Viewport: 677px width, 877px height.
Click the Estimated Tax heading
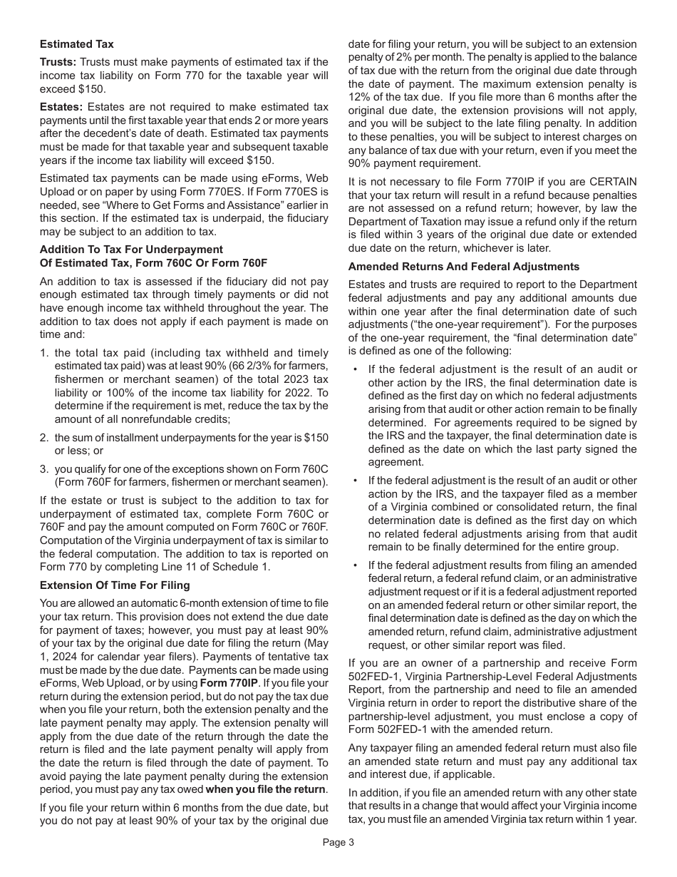(x=76, y=44)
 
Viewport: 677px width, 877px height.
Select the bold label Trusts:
(x=58, y=63)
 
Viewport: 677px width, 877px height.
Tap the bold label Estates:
(x=60, y=107)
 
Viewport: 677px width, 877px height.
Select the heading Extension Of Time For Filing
(x=115, y=585)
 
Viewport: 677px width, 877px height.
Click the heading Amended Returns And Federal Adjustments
(x=463, y=267)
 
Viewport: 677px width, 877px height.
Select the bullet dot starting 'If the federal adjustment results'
(x=356, y=565)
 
